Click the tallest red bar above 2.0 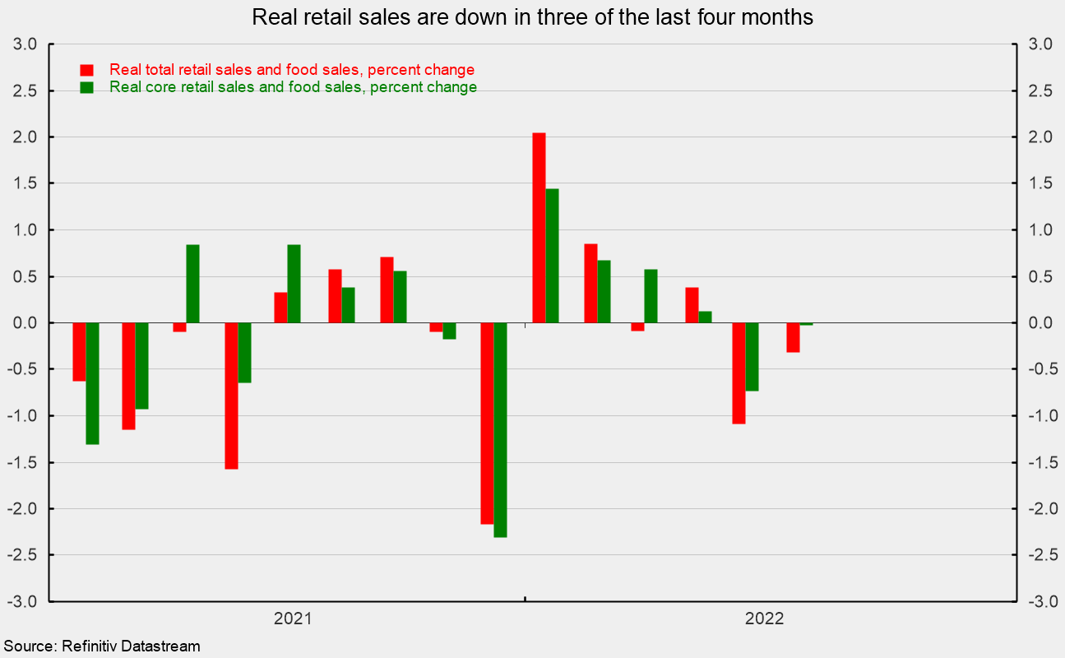pos(539,227)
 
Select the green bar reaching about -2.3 pos(500,429)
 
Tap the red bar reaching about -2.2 pos(487,423)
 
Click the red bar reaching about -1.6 pos(231,396)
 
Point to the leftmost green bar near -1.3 pos(92,383)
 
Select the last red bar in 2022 pos(793,337)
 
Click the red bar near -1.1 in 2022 pos(739,373)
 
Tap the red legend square pos(86,70)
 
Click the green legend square pos(86,87)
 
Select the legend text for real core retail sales pos(293,87)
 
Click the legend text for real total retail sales pos(292,70)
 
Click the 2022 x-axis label pos(765,619)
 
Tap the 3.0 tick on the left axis pos(25,44)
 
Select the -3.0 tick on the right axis pos(1039,601)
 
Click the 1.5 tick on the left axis pos(25,183)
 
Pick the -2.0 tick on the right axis pos(1039,508)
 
